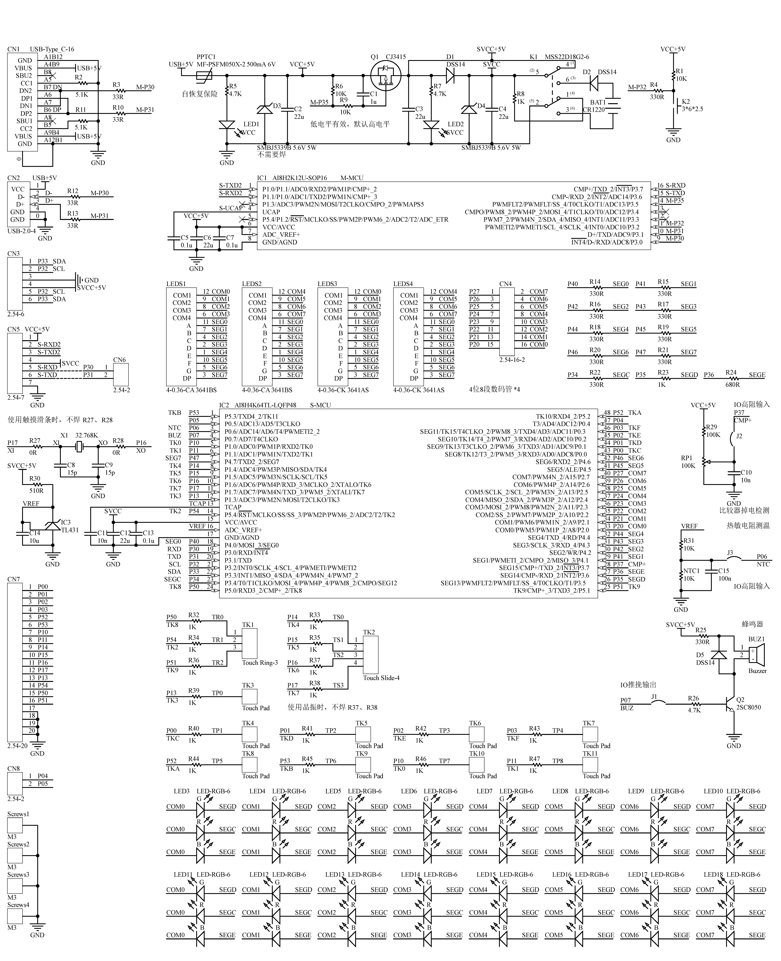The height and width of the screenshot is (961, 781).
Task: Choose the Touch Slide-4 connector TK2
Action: tap(371, 655)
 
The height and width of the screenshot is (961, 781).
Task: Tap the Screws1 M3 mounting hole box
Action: tap(15, 825)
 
